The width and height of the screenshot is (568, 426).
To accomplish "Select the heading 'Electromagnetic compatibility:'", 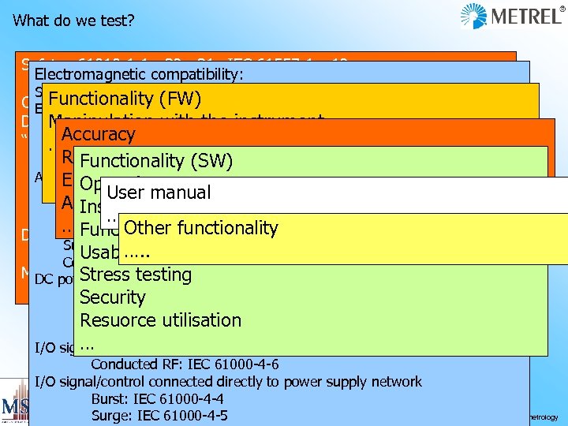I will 139,75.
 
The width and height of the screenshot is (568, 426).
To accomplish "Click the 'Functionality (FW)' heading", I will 125,99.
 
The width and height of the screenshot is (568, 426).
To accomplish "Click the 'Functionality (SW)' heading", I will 156,161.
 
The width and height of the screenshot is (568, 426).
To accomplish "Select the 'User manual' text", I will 159,192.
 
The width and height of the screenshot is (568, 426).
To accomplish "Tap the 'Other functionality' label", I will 200,228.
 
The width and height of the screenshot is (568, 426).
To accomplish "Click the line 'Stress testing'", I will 136,275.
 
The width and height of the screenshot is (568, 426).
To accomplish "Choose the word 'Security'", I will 113,297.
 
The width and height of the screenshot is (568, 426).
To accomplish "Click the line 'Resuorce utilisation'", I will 160,320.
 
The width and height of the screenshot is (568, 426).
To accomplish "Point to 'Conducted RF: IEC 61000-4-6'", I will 185,364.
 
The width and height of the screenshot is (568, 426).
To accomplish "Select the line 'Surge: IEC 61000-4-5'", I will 159,415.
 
